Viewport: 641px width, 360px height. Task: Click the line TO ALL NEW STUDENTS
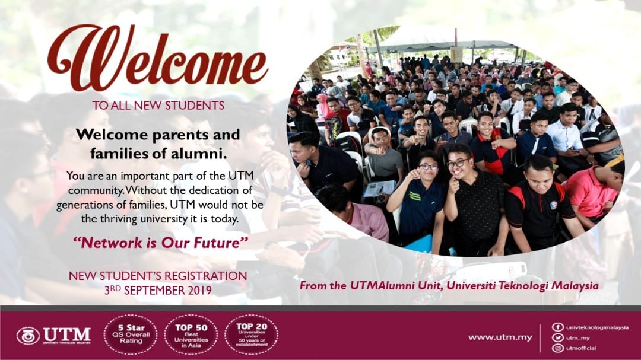158,106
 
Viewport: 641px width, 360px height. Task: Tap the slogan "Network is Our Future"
160,242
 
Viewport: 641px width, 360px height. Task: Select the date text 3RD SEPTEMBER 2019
158,291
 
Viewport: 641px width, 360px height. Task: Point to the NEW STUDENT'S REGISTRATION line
158,276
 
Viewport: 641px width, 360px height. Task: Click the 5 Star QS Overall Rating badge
130,334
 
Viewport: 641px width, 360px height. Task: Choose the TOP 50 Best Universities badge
191,334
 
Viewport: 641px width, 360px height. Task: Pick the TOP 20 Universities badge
251,334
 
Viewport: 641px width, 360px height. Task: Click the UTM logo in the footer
54,335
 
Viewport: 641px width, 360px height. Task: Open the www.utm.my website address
500,337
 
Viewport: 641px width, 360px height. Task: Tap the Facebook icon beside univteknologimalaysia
557,327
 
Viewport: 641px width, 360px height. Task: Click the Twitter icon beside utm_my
557,337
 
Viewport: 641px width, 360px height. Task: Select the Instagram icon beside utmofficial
557,348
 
